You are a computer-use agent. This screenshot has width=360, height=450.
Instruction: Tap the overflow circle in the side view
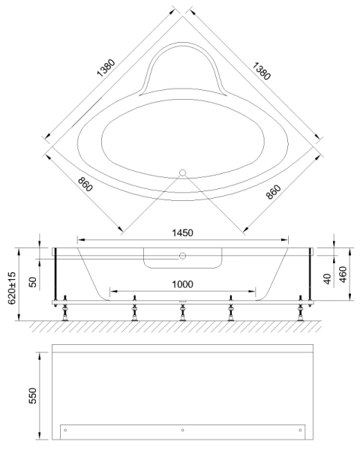coord(181,256)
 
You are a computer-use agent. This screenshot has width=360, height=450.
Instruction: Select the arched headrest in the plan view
coord(181,67)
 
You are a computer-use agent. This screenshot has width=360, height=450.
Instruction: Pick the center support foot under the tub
coord(181,311)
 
